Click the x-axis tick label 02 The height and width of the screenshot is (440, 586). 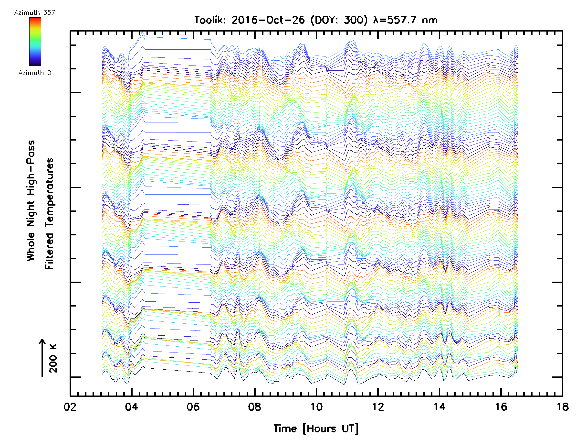(x=70, y=407)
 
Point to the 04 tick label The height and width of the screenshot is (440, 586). (x=131, y=407)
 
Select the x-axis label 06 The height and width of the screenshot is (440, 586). (x=193, y=407)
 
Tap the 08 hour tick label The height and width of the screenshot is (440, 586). (x=255, y=407)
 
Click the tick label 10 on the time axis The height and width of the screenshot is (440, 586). (x=316, y=407)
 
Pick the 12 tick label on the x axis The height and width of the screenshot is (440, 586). (x=378, y=407)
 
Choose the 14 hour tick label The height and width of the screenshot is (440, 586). (x=439, y=407)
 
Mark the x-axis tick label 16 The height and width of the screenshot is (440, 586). (x=501, y=407)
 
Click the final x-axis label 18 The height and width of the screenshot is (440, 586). (x=562, y=407)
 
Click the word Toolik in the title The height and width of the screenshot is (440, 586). (x=210, y=20)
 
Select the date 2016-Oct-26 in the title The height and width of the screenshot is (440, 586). (x=268, y=20)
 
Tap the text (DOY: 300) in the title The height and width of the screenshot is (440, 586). (x=339, y=20)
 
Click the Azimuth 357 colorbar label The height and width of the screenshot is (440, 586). (x=35, y=13)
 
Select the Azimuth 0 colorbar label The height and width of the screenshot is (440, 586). (x=35, y=73)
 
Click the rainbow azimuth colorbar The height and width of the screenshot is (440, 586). (x=35, y=42)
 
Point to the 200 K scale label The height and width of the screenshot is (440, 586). (x=53, y=358)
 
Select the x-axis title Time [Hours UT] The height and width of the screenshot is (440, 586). (x=316, y=428)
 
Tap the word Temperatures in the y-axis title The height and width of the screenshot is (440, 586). (x=49, y=213)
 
